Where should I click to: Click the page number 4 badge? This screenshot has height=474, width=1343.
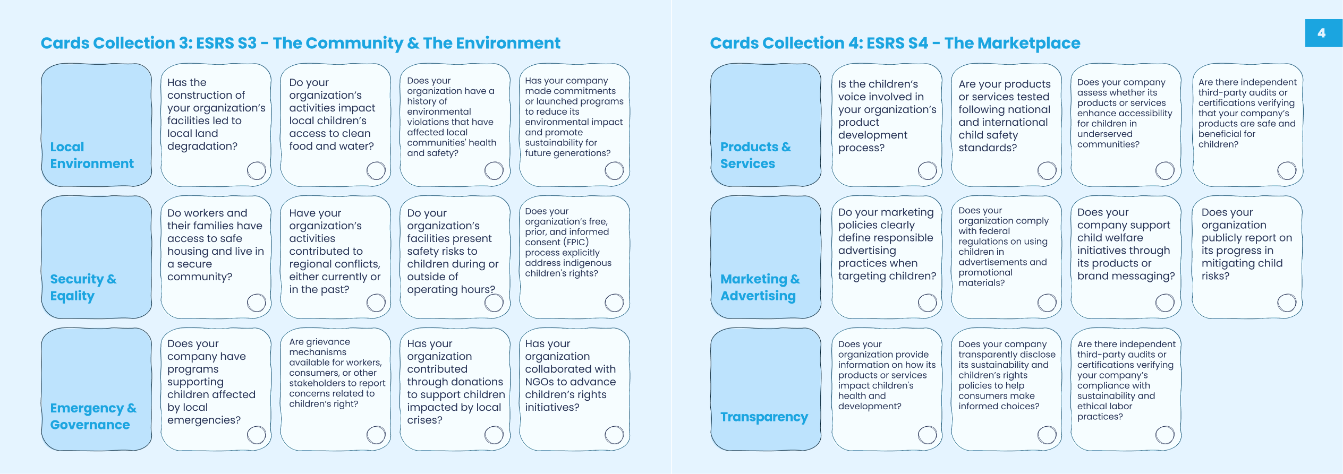(1323, 33)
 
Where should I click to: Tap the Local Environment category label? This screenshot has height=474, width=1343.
(92, 155)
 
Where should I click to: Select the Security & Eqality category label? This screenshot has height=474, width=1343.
(83, 287)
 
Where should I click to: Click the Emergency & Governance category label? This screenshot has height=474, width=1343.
(93, 416)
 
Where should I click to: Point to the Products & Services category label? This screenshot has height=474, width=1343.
(755, 155)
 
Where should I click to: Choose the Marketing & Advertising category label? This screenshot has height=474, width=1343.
(760, 287)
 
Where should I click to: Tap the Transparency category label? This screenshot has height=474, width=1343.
(764, 417)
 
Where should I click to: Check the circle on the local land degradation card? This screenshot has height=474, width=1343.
(257, 170)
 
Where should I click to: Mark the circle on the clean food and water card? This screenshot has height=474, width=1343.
(376, 170)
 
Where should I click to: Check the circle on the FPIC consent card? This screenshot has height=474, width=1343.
(614, 303)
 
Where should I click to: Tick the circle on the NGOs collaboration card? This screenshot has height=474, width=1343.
(614, 435)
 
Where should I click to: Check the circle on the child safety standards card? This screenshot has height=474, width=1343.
(1047, 170)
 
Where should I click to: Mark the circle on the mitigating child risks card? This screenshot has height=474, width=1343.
(1287, 303)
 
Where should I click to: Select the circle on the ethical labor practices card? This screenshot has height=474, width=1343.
(1165, 435)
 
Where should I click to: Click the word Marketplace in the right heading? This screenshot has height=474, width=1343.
(1013, 43)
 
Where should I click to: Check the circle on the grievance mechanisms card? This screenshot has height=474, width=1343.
(376, 435)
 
